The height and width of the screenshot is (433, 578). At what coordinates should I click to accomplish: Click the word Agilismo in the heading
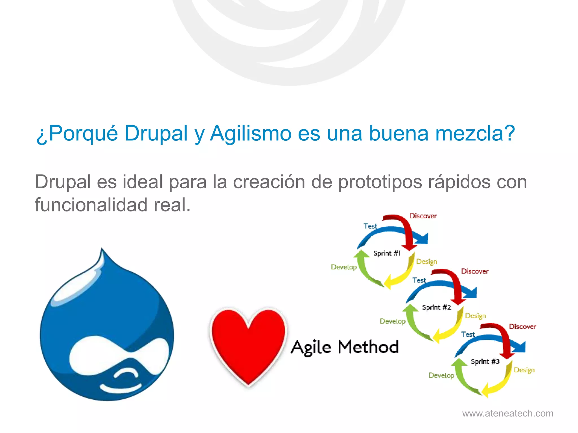(251, 133)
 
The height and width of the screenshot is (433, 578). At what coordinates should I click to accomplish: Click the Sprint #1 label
(387, 253)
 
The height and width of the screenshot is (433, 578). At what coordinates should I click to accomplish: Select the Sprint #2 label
(436, 307)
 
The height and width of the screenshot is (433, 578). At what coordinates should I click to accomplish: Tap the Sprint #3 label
(485, 361)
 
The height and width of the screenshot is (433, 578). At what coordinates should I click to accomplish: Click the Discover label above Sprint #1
(423, 216)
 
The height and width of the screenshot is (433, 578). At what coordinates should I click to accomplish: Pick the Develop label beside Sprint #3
(441, 375)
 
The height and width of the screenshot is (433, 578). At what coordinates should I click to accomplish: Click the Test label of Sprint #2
(419, 280)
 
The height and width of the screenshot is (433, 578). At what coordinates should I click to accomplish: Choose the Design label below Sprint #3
(524, 370)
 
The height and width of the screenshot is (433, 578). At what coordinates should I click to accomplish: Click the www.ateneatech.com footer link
(507, 413)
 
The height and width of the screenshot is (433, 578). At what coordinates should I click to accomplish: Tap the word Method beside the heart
(368, 347)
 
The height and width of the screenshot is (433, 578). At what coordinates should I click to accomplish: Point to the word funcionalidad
(91, 205)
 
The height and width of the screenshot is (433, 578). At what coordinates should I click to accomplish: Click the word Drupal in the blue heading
(156, 133)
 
